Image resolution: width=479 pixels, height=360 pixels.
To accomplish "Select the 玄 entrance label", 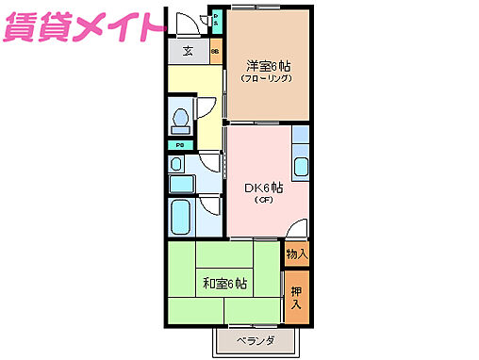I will [188, 53].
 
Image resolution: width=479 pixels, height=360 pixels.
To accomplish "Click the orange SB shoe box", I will [215, 53].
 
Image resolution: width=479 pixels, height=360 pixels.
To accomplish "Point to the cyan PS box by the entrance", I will [216, 18].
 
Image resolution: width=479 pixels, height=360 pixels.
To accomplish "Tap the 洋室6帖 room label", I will [268, 66].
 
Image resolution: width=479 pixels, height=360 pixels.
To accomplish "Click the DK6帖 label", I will [263, 188].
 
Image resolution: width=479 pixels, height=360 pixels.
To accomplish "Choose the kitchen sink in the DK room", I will [301, 168].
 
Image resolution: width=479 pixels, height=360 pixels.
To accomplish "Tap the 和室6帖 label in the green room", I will [224, 283].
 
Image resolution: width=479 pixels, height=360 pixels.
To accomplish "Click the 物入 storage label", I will [296, 253].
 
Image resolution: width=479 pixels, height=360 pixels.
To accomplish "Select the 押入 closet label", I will [296, 298].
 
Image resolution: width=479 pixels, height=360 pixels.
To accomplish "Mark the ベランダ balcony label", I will [255, 341].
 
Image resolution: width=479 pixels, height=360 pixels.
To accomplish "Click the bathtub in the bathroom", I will [180, 218].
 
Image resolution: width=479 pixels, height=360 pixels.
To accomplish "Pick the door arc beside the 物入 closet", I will [296, 229].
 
